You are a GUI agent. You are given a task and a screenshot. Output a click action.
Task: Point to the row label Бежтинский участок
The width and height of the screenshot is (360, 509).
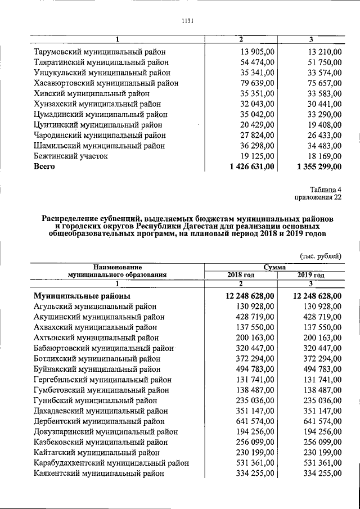coord(71,156)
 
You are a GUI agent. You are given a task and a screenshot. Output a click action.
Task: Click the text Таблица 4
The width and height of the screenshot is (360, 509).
coord(325,189)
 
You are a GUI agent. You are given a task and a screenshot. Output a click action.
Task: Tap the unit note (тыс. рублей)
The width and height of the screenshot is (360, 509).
coord(321,255)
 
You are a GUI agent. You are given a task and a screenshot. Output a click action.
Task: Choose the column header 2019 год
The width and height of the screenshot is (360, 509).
coord(310,274)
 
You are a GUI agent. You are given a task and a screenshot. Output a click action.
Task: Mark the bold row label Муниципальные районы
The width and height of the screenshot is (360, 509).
coord(82,296)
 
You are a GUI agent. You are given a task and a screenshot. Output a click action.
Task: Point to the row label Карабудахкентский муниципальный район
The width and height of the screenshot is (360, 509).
coord(111,463)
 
